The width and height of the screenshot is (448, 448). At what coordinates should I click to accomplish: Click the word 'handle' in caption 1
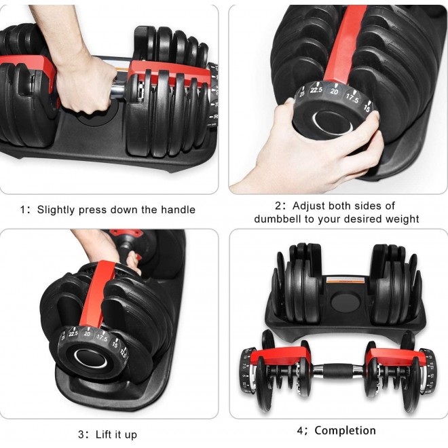coord(176,210)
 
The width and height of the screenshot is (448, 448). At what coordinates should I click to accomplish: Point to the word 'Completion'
coord(345,430)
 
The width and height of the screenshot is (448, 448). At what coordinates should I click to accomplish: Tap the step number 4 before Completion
coord(299,430)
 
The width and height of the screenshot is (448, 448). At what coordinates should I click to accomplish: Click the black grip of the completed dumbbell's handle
coord(337,371)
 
